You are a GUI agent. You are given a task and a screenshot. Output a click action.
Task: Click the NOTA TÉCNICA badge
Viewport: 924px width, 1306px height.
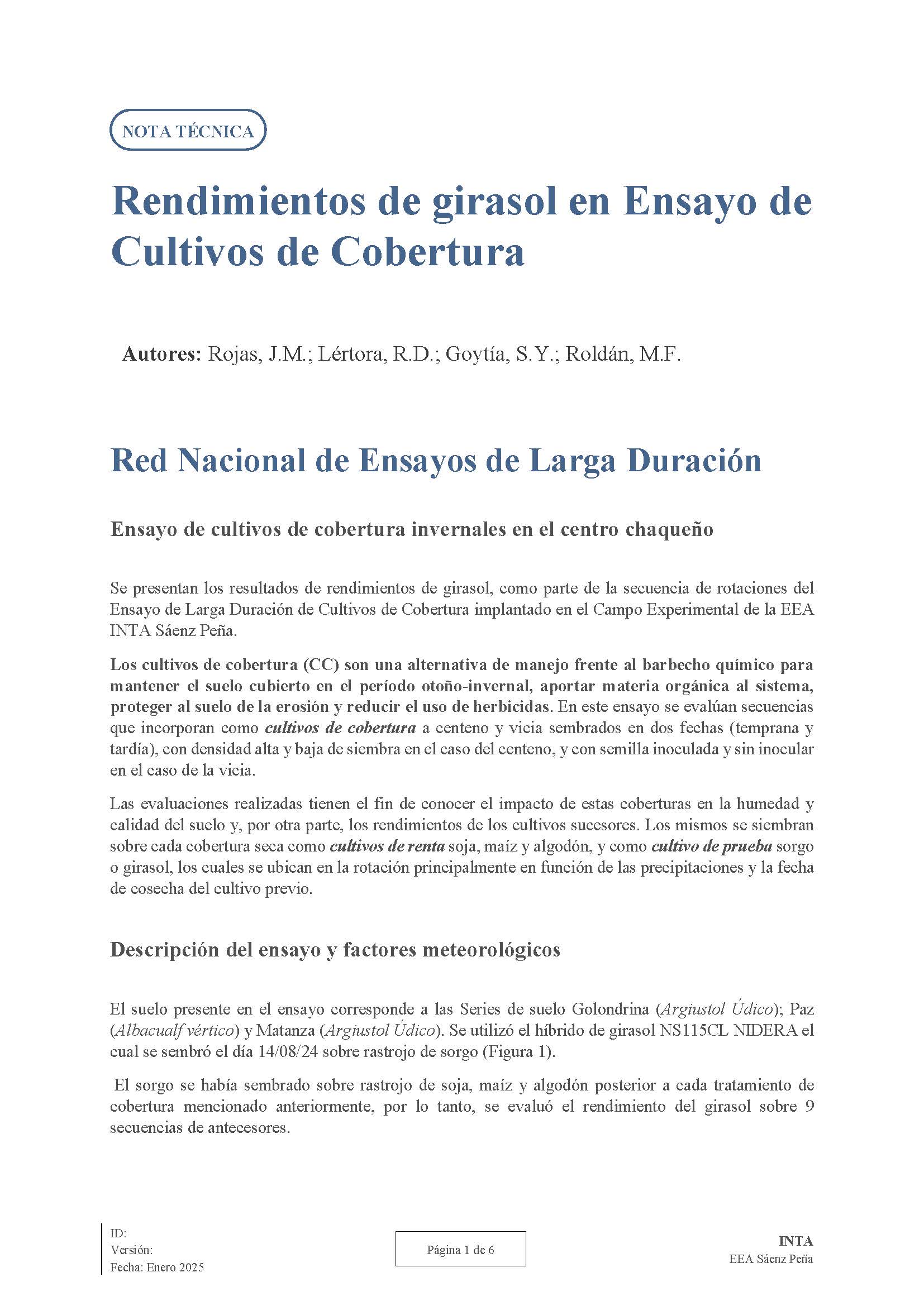click(187, 131)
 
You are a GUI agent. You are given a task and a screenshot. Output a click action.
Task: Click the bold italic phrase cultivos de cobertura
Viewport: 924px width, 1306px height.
click(340, 728)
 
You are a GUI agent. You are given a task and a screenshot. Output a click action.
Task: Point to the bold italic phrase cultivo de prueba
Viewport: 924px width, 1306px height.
click(711, 846)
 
